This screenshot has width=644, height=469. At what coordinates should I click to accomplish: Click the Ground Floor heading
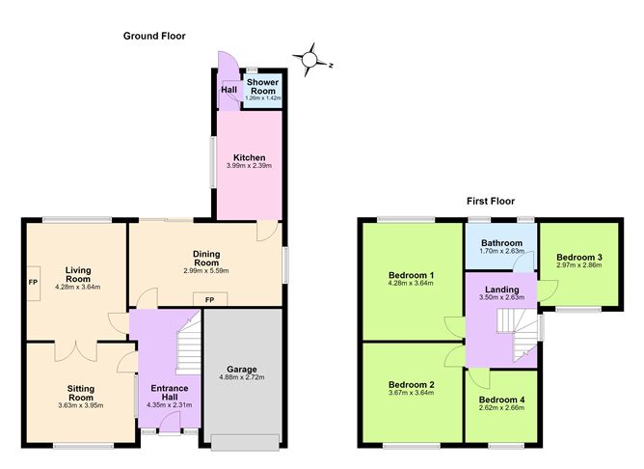click(154, 36)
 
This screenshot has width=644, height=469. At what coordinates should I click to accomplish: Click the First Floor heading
click(491, 201)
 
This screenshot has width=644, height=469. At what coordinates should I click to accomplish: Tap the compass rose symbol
click(310, 60)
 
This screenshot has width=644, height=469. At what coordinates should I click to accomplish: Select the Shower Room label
click(262, 86)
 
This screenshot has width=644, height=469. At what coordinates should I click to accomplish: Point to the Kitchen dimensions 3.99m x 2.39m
click(249, 166)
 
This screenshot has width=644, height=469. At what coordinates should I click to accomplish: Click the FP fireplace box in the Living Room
click(34, 283)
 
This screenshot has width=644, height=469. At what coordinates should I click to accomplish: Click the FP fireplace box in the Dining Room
click(210, 300)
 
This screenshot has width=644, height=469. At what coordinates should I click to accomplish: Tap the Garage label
click(241, 369)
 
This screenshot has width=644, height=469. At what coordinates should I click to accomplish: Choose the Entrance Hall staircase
click(189, 342)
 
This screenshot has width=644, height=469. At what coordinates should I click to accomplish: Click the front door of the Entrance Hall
click(170, 424)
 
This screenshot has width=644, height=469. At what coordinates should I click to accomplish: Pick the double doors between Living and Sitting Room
click(76, 351)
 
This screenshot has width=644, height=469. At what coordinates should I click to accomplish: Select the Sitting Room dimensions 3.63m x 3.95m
click(81, 405)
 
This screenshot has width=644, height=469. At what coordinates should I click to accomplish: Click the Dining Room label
click(206, 258)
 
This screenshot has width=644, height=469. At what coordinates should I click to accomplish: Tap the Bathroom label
click(501, 243)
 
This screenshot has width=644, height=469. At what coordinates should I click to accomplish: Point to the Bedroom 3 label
click(579, 258)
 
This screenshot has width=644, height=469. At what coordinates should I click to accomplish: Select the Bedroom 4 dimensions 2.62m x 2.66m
click(501, 408)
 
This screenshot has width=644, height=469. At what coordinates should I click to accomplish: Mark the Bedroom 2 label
click(411, 385)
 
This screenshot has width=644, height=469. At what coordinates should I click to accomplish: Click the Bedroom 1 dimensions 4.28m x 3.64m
click(411, 283)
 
